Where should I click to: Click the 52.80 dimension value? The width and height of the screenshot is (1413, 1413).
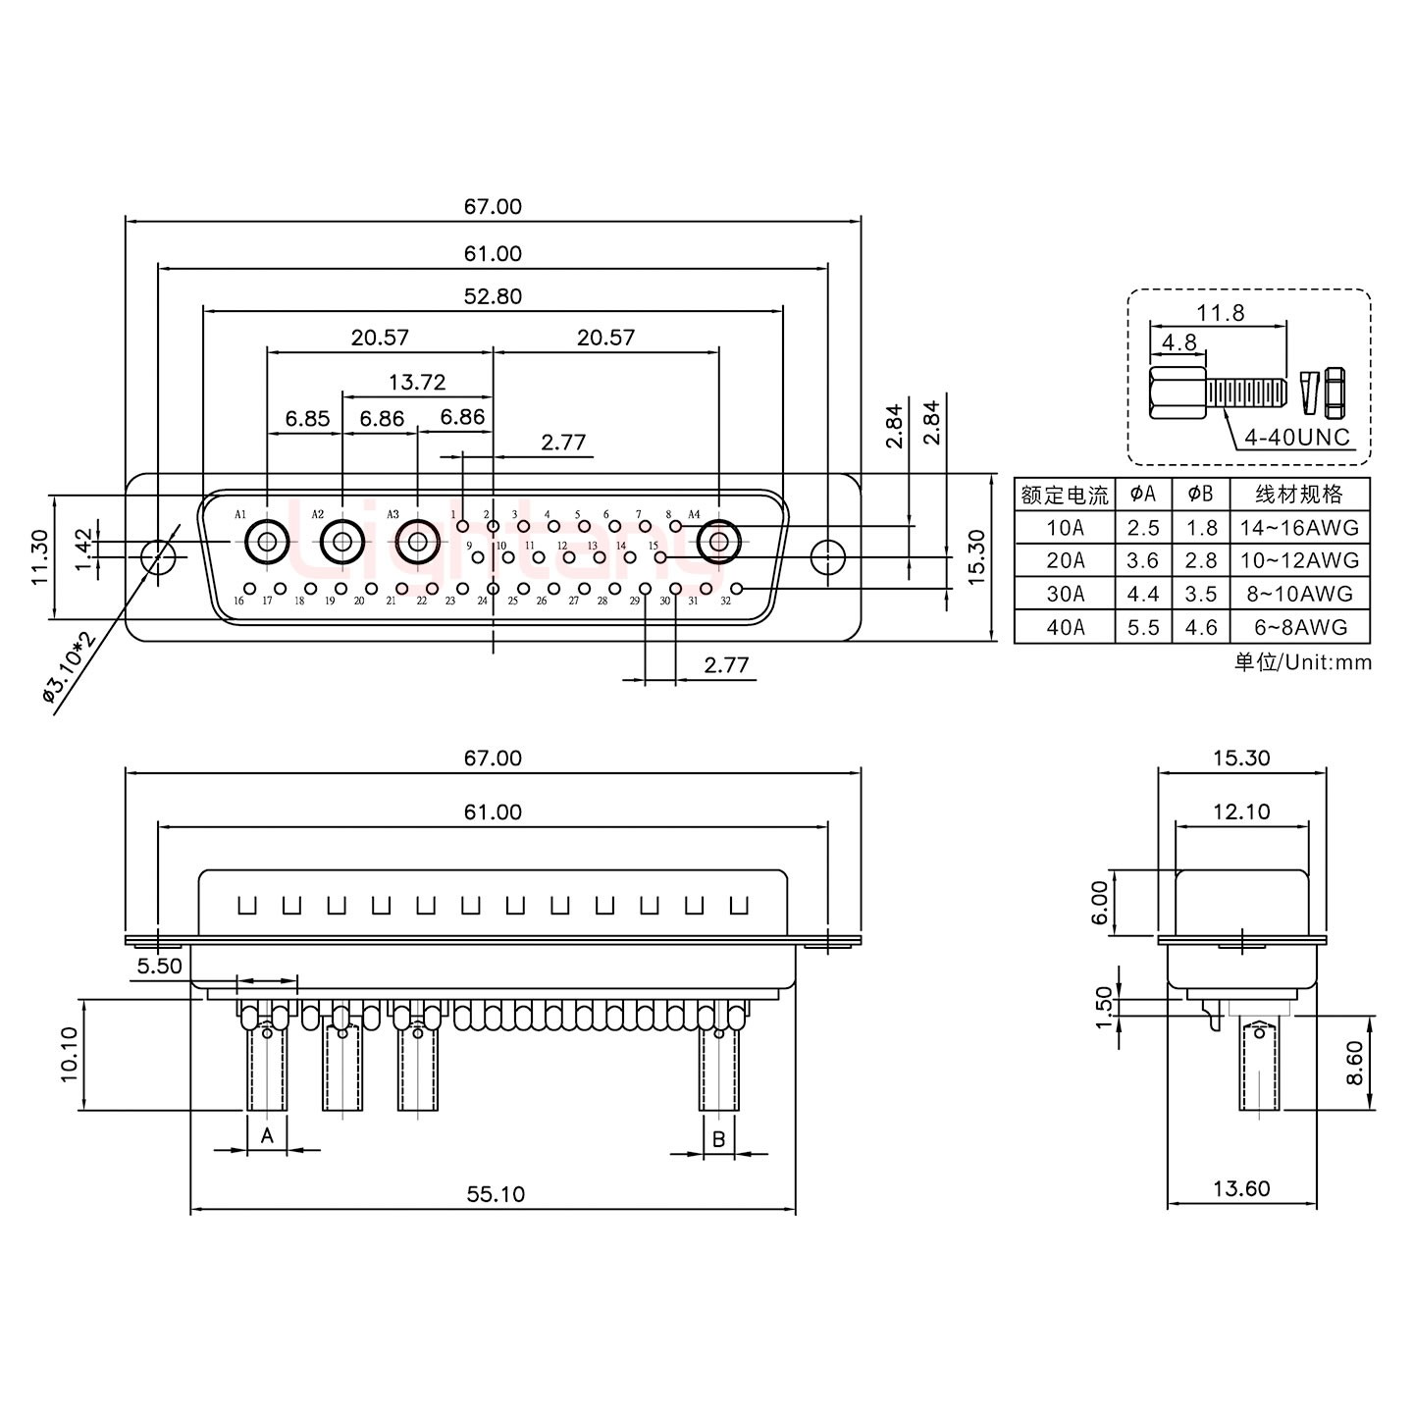(493, 295)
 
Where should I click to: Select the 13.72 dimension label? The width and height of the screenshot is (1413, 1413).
(417, 382)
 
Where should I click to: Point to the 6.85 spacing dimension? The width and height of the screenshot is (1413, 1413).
(307, 419)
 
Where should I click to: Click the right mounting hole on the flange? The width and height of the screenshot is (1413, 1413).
(828, 556)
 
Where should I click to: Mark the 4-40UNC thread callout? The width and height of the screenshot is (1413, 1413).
(1296, 437)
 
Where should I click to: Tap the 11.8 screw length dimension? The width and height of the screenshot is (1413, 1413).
(1220, 312)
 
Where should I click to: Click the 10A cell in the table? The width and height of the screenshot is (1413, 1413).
(1065, 528)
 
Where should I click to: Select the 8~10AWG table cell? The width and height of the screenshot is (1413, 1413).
(1298, 594)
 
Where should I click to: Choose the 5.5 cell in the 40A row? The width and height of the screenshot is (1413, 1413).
(1143, 627)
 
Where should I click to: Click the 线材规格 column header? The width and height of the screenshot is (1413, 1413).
(1298, 494)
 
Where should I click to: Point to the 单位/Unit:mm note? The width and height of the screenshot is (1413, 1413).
(1302, 662)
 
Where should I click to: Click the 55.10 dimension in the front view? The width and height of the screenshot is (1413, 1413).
(496, 1193)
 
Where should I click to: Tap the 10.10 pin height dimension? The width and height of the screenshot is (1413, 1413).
(69, 1055)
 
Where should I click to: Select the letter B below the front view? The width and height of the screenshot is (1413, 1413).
(718, 1139)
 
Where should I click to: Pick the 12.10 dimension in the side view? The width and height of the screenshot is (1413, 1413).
(1241, 811)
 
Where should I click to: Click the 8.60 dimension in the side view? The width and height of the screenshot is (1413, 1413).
(1354, 1062)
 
